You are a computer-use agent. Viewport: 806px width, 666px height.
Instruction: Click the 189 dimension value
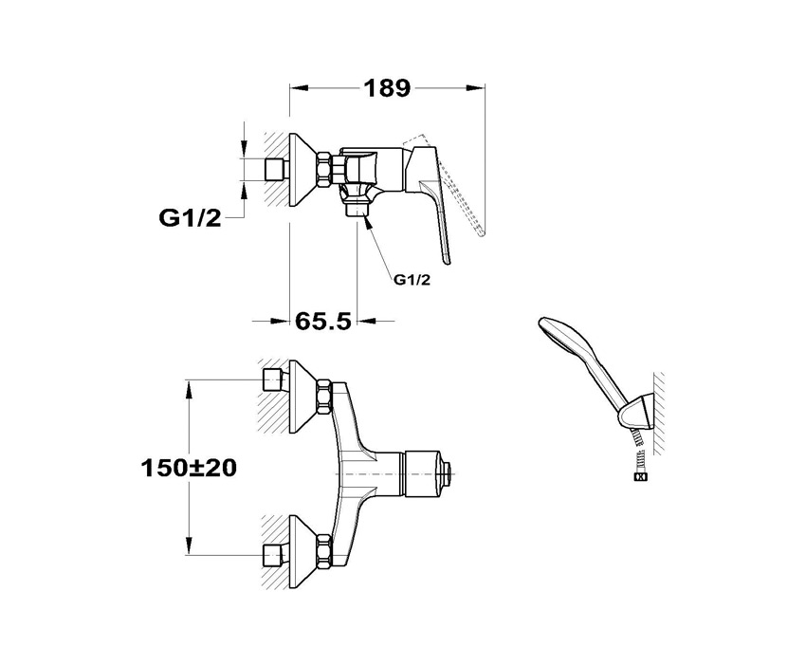(x=387, y=88)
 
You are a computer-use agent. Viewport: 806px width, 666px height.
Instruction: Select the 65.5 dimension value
(x=322, y=322)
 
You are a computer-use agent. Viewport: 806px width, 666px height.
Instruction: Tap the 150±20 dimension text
(x=189, y=468)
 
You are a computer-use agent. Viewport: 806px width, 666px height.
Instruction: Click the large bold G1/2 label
(x=190, y=218)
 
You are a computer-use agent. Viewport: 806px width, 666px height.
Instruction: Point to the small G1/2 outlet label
(x=412, y=280)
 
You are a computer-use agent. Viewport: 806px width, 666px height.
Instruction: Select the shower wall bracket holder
(x=636, y=414)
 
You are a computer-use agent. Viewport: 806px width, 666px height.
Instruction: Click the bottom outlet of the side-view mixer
(x=357, y=211)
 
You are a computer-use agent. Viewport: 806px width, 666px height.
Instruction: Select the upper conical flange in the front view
(x=303, y=397)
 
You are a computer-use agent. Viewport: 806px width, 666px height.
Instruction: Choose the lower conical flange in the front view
(x=303, y=552)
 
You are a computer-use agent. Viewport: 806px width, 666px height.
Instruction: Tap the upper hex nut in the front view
(x=324, y=397)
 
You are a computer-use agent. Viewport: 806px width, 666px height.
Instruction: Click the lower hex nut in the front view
(x=324, y=552)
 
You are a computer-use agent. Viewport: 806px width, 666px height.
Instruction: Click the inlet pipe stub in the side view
(x=277, y=170)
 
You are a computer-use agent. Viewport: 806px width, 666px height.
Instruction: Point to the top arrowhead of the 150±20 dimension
(x=190, y=390)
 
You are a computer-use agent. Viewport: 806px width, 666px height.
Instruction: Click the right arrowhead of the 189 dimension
(x=476, y=88)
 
